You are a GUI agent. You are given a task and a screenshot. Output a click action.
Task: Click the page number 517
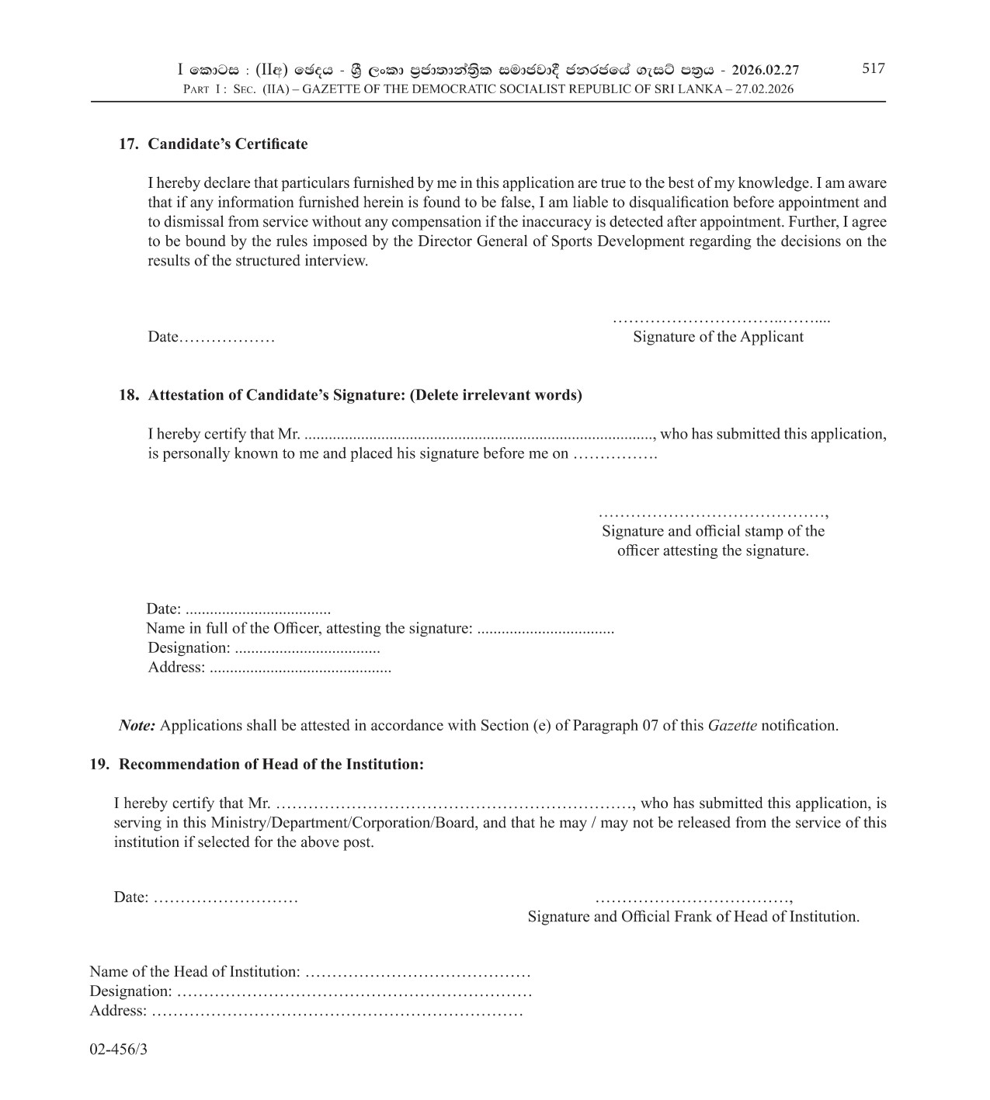[873, 68]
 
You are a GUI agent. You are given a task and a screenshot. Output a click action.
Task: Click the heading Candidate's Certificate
[228, 144]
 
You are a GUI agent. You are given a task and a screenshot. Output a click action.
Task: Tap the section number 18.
[128, 394]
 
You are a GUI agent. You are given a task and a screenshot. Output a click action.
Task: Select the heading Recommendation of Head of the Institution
[271, 764]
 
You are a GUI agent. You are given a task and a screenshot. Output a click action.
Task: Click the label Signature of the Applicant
[717, 336]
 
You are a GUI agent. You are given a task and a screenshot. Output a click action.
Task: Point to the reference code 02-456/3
[118, 1050]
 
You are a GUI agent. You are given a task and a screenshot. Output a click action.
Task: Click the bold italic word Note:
[137, 726]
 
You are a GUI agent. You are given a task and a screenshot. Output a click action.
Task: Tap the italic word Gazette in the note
[731, 726]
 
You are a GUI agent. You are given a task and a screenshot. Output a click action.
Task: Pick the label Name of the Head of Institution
[194, 971]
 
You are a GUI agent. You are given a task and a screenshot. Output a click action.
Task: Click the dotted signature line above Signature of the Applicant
[721, 319]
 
